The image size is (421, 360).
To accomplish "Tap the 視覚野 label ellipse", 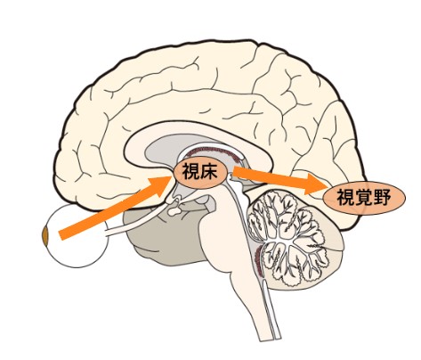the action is click(x=364, y=198).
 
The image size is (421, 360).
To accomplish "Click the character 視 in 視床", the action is click(x=190, y=172).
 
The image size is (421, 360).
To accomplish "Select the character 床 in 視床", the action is click(x=209, y=172).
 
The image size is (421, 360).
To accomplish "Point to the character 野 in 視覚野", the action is click(x=382, y=198).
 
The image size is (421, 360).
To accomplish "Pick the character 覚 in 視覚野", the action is click(x=364, y=198).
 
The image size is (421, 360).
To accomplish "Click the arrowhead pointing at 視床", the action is click(x=161, y=186).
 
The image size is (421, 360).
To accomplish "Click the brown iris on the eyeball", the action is click(x=45, y=236).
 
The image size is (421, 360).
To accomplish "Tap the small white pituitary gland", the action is click(x=174, y=211).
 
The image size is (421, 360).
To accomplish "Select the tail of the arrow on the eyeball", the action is click(x=61, y=235).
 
